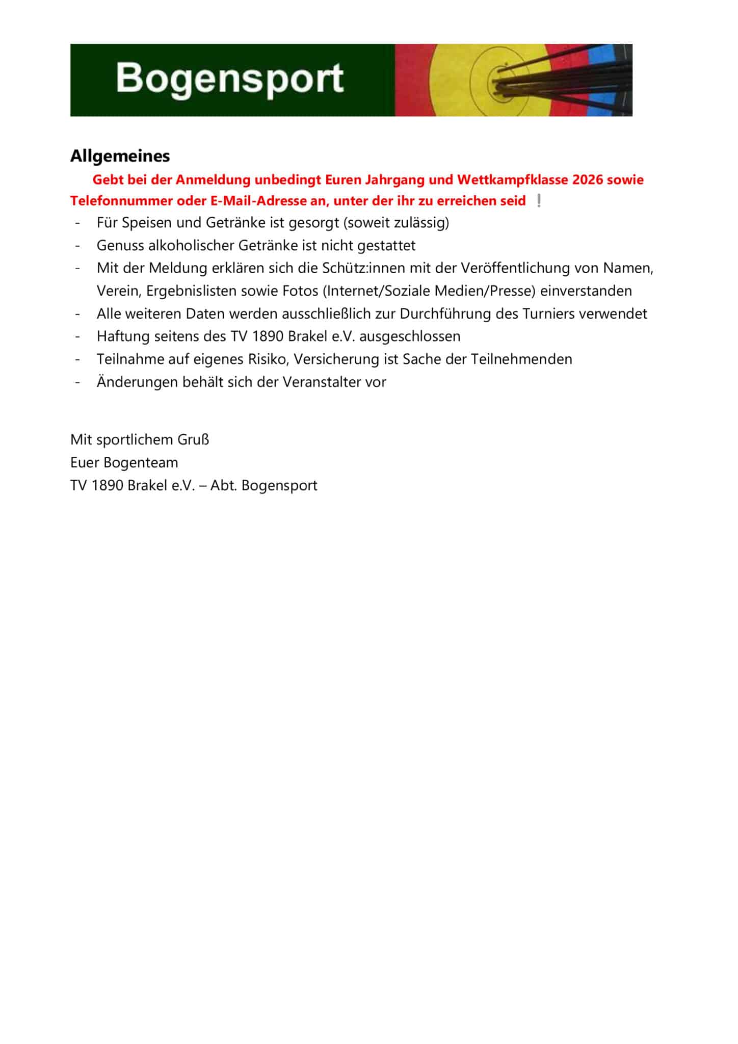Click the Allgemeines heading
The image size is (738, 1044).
tap(120, 156)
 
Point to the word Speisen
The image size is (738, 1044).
tap(147, 223)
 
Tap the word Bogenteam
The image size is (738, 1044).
tap(141, 463)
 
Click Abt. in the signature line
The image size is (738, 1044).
tap(224, 485)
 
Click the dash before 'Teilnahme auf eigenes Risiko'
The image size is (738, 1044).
tap(78, 359)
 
